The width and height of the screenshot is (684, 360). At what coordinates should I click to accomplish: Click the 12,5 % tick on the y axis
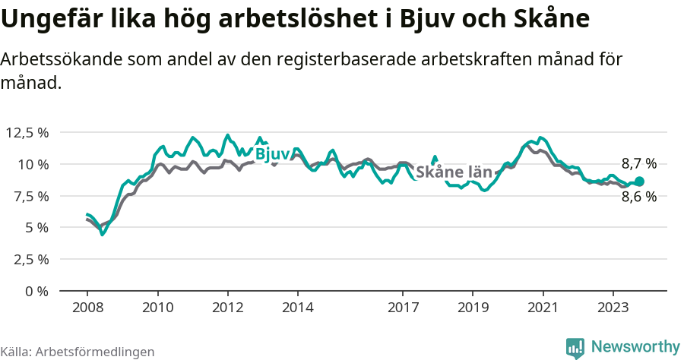coord(27,133)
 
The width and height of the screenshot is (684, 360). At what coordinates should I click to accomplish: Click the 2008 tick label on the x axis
coord(87,308)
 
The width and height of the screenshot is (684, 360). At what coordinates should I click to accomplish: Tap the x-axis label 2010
coord(157,308)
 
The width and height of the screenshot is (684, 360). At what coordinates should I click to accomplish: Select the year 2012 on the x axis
coord(227,308)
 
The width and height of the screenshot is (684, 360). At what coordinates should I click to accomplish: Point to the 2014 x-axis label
coord(297,308)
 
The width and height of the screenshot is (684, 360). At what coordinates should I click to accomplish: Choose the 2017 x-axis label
coord(403,308)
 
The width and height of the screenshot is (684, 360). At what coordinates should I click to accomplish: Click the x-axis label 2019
coord(473,308)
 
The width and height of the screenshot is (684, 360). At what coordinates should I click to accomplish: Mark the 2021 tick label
coord(543,308)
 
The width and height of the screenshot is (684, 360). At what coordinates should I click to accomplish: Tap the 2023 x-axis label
coord(613,308)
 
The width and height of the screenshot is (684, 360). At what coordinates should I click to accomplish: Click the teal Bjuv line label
coord(272,154)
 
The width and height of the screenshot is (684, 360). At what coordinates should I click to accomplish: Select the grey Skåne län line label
coord(454,172)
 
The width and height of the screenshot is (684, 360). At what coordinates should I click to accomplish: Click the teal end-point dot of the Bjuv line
coord(639,182)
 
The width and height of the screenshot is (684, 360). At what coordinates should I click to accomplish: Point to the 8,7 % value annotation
coord(638,163)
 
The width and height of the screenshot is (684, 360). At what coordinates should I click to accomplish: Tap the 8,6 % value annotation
coord(638,197)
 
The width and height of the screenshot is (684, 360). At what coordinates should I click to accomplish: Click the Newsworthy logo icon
coord(576,347)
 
